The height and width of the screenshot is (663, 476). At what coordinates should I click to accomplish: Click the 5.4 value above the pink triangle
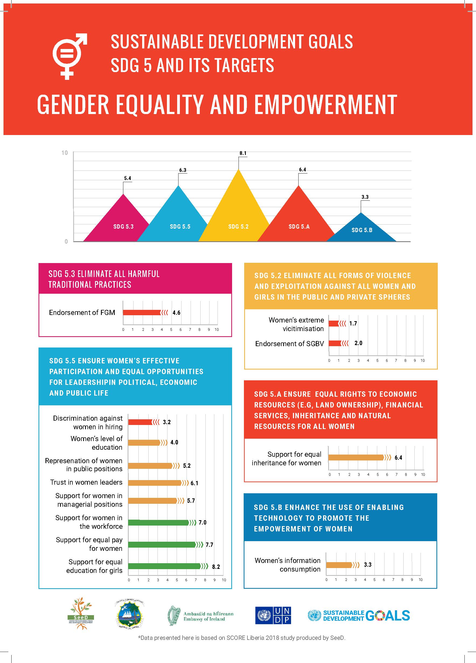(128, 178)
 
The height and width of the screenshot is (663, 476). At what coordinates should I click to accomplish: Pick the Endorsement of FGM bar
(142, 313)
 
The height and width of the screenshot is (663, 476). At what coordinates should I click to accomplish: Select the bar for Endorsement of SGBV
(335, 343)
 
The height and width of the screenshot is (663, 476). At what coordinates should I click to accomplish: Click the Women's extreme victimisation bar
(334, 324)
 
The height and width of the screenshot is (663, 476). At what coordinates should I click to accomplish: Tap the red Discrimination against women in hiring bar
(141, 422)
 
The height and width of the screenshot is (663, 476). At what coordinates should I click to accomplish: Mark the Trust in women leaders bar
(155, 483)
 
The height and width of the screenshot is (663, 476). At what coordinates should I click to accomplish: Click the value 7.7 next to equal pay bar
(209, 545)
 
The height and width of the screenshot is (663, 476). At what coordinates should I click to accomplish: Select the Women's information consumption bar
(339, 565)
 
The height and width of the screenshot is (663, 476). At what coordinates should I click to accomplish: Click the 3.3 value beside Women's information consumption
(367, 565)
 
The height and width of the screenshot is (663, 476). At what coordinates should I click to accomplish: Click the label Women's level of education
(96, 443)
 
